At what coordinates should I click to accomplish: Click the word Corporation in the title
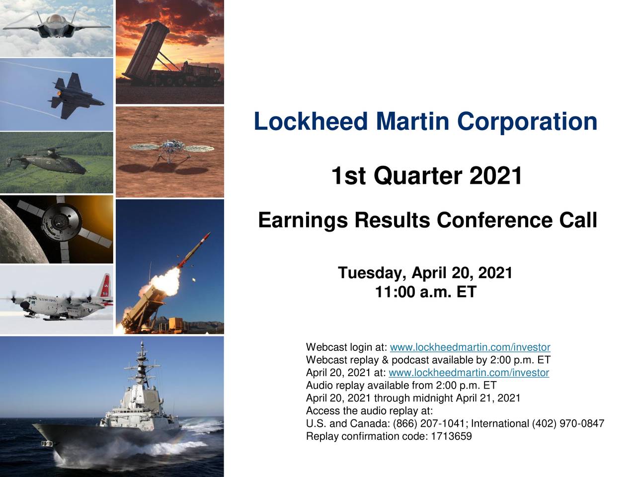(527, 122)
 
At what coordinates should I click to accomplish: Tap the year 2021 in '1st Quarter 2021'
(495, 176)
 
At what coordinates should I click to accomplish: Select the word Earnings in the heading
(302, 221)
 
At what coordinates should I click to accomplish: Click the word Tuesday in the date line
(373, 273)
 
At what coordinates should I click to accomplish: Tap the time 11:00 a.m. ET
(425, 292)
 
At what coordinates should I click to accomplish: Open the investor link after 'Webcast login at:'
(470, 347)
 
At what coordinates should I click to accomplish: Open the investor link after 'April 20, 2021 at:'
(469, 373)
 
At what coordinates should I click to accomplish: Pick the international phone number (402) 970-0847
(567, 424)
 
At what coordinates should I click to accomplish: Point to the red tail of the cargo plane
(106, 288)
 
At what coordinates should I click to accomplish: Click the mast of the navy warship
(143, 363)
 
